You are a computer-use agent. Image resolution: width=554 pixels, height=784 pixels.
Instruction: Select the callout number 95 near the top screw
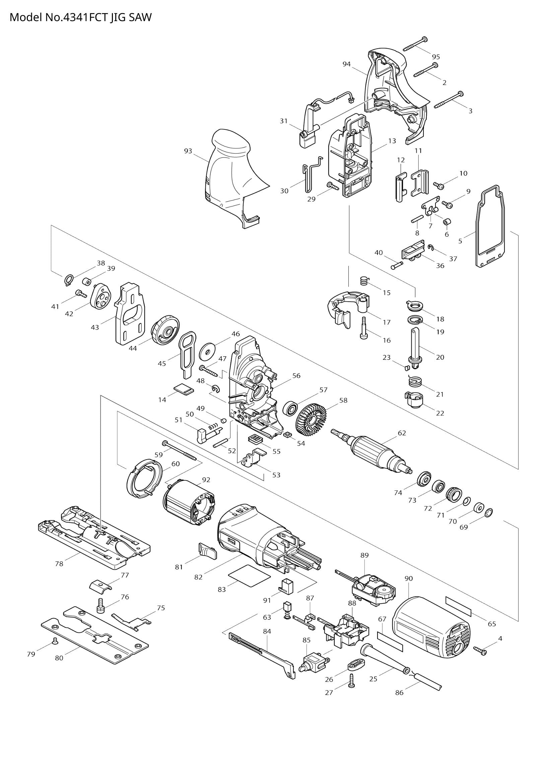[x=436, y=57]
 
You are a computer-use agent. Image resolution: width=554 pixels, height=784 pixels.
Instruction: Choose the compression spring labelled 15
[x=364, y=281]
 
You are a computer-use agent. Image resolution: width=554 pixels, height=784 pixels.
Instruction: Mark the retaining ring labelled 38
[x=69, y=280]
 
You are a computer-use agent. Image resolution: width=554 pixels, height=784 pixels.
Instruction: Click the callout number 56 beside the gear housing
[x=296, y=376]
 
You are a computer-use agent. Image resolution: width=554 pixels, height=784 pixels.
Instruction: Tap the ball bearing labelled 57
[x=291, y=408]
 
